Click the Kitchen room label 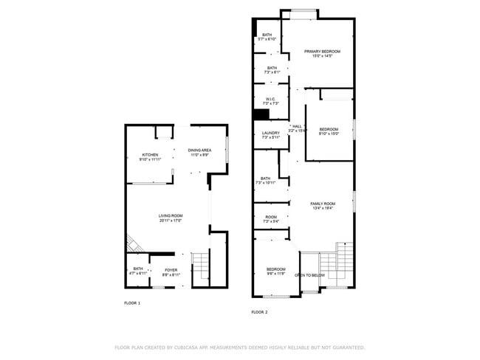click(150, 157)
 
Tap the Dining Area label click(200, 153)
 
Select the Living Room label click(171, 218)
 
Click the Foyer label click(171, 271)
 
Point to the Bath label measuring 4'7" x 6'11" click(138, 271)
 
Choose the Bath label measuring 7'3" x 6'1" click(272, 70)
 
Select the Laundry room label click(271, 135)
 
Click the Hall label click(297, 128)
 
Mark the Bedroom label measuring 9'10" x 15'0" click(329, 132)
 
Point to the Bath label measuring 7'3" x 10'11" click(265, 180)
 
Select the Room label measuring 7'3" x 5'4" click(271, 219)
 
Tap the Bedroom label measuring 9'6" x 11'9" click(276, 271)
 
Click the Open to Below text click(310, 275)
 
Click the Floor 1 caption click(132, 303)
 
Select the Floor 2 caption click(259, 313)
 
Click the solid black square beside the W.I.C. click(260, 114)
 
